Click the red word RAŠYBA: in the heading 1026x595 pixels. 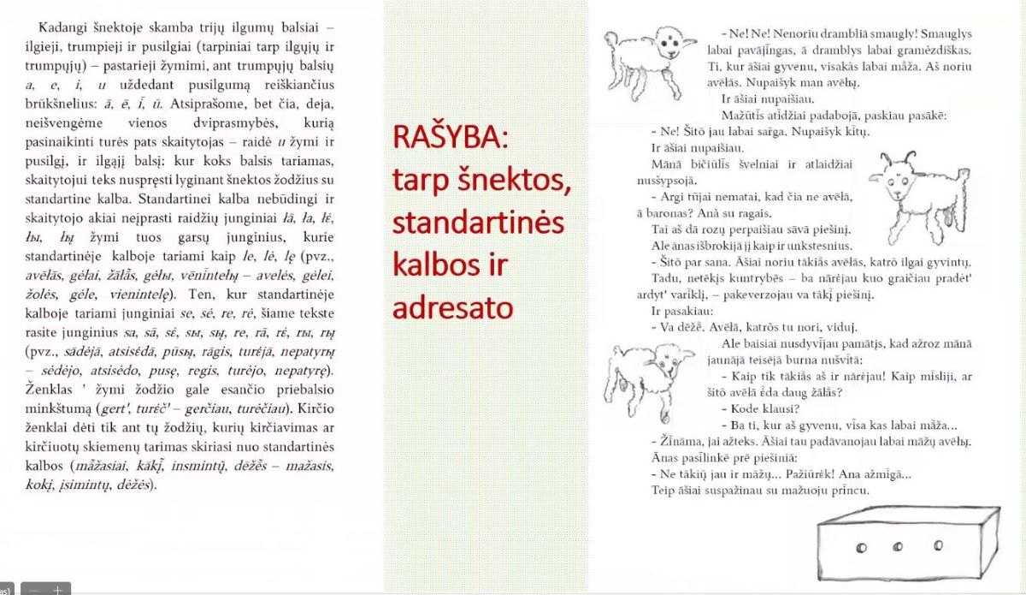tap(441, 137)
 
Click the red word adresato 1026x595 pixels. tap(452, 306)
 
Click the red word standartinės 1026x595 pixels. tap(478, 221)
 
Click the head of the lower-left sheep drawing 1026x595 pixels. tap(663, 360)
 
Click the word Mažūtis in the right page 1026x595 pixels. tap(741, 116)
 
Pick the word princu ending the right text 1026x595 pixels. tap(849, 491)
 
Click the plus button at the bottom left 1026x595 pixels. tap(58, 589)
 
